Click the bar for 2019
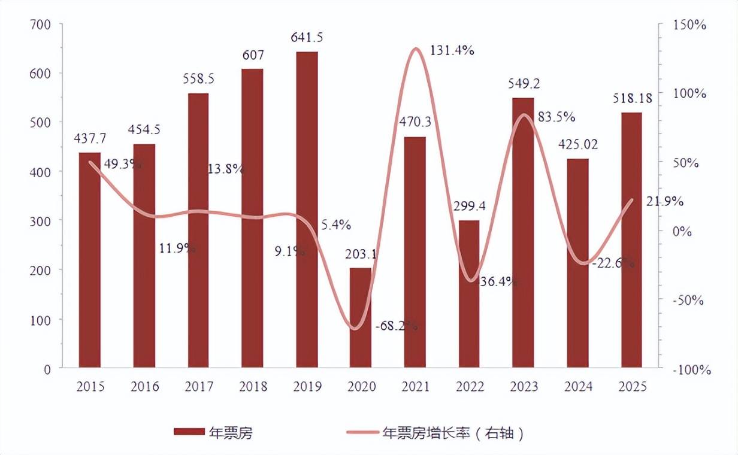pos(307,210)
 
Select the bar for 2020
pos(361,317)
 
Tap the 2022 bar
pos(469,293)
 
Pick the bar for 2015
pos(90,260)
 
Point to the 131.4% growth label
pos(452,51)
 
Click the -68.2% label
pos(396,326)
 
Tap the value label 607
pos(252,55)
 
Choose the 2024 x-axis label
pos(577,387)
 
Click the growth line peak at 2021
pos(415,48)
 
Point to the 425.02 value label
pos(577,145)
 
